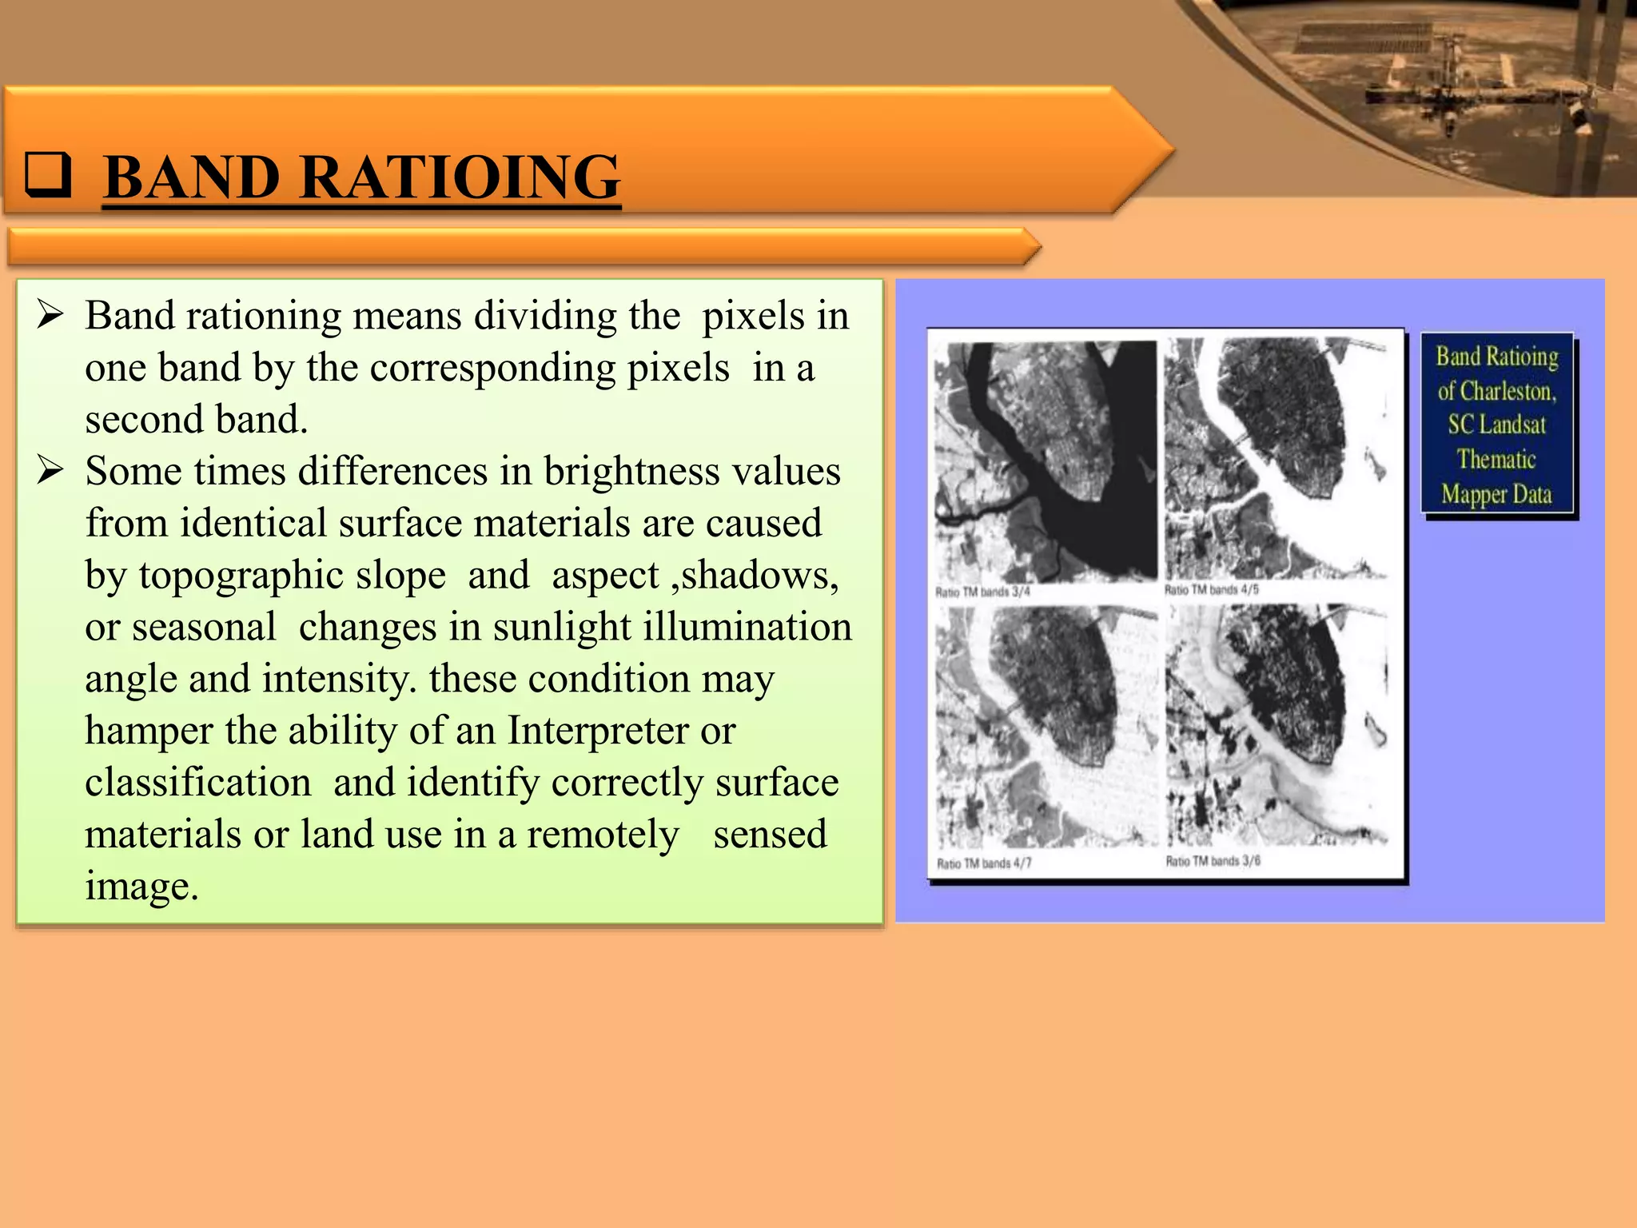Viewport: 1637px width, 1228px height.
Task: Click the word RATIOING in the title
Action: pyautogui.click(x=460, y=177)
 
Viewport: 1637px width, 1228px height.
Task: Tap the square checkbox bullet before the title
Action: pyautogui.click(x=47, y=174)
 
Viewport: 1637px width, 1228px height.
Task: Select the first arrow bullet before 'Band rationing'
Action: pyautogui.click(x=50, y=315)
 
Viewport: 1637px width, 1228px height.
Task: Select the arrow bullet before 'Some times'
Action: pyautogui.click(x=50, y=470)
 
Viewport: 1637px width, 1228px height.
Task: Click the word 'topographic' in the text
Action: pyautogui.click(x=292, y=575)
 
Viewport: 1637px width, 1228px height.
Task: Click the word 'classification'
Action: pyautogui.click(x=198, y=782)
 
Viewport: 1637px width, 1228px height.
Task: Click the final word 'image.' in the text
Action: pyautogui.click(x=141, y=886)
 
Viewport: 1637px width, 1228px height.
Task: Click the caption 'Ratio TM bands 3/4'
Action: pyautogui.click(x=982, y=592)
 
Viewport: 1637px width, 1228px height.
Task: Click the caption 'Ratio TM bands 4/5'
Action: pyautogui.click(x=1211, y=590)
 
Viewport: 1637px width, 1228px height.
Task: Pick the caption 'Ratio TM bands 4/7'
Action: pyautogui.click(x=984, y=863)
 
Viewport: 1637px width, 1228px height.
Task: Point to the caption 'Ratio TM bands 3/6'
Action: pyautogui.click(x=1213, y=861)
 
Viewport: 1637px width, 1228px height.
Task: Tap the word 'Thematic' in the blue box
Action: pyautogui.click(x=1496, y=460)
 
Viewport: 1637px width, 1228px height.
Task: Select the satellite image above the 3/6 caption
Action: pyautogui.click(x=1277, y=726)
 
